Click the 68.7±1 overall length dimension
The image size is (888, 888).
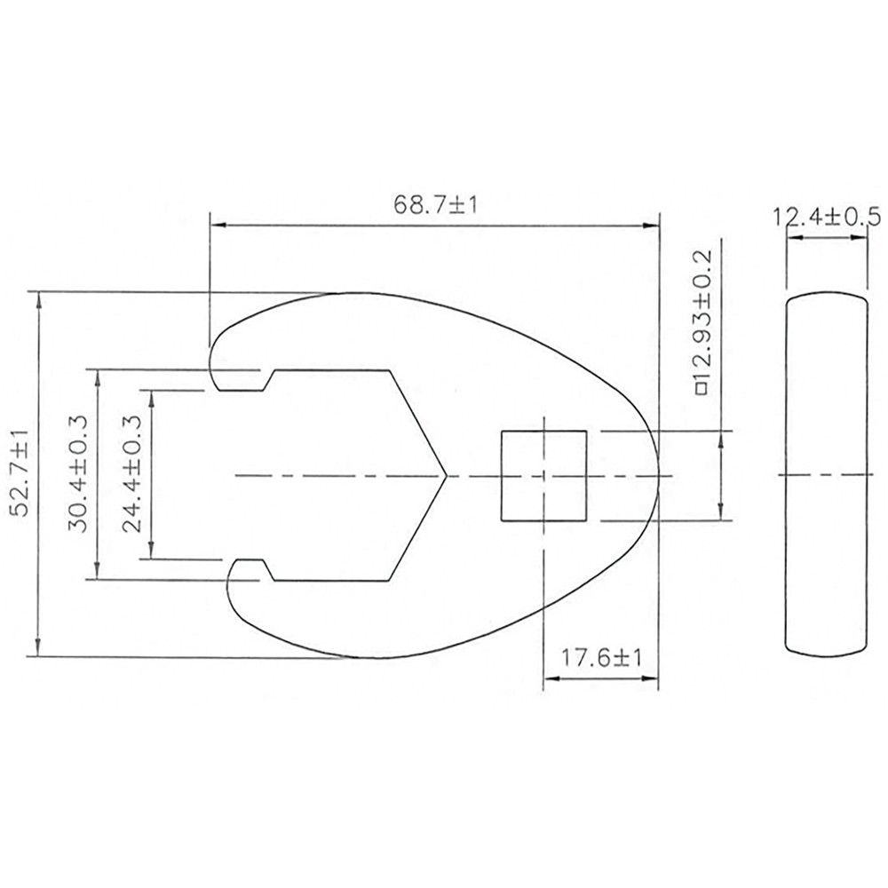(435, 204)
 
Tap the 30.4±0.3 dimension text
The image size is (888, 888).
(80, 473)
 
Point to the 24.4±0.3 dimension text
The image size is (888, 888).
(133, 473)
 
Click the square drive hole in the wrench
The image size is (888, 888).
(543, 475)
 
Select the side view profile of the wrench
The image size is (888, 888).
(825, 475)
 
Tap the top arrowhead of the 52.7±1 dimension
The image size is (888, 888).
(37, 297)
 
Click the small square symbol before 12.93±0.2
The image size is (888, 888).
(701, 388)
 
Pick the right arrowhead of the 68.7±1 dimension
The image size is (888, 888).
(655, 226)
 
